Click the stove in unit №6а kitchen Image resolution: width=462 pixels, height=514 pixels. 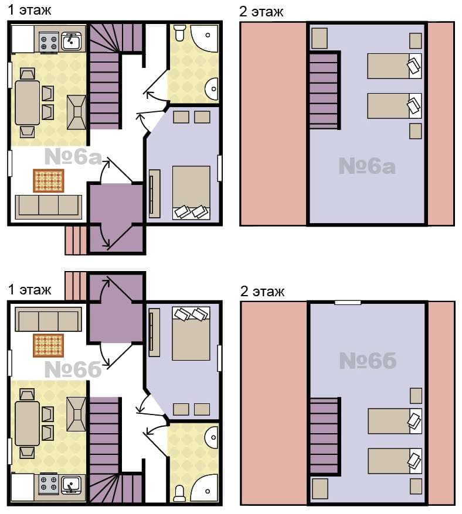49,43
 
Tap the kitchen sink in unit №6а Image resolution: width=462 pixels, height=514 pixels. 72,41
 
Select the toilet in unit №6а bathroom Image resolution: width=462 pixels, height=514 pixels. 179,32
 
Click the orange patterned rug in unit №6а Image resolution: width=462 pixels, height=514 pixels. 49,181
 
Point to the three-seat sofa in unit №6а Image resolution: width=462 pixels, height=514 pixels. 49,207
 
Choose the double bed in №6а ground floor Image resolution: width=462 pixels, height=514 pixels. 191,193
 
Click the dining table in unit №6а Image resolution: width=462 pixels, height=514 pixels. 27,102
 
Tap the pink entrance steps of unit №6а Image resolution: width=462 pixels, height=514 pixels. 76,240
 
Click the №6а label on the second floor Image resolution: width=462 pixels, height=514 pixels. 367,166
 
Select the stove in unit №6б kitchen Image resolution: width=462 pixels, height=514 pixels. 49,484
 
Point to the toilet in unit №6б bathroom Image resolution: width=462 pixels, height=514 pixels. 179,494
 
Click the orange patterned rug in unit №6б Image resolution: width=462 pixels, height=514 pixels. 49,345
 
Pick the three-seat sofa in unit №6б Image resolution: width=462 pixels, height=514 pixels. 49,319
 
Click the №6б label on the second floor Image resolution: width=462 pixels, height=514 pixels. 368,361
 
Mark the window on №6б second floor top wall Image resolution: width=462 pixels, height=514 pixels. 348,303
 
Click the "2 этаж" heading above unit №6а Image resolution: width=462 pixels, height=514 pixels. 261,12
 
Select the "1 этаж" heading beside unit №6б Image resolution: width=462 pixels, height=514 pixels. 29,290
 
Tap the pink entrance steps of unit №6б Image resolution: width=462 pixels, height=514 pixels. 76,286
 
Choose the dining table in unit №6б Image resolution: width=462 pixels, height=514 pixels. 27,423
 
